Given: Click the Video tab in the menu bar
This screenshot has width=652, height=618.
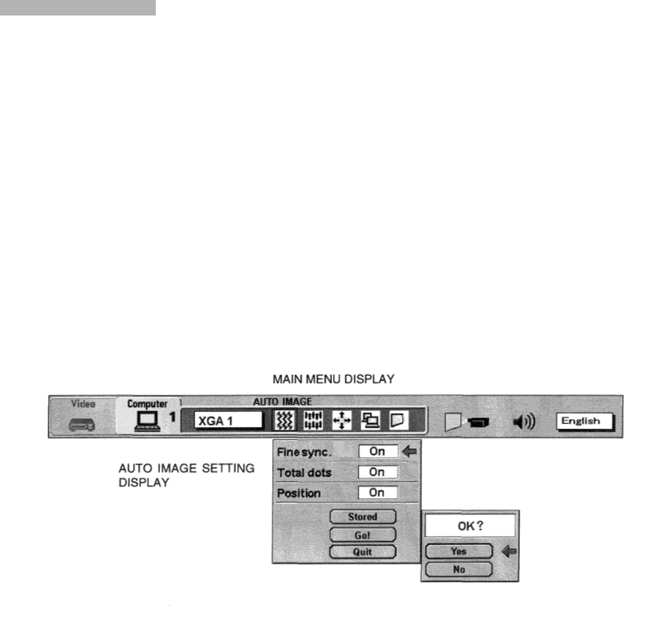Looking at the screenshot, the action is (x=81, y=404).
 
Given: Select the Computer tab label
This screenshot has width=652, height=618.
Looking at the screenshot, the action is (x=146, y=404).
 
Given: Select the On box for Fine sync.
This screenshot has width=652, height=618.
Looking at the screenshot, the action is (x=378, y=452).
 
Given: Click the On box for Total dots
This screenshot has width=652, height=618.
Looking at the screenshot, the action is (x=378, y=472).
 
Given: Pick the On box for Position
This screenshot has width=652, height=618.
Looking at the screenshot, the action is (x=378, y=493).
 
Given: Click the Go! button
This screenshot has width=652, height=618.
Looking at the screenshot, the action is (x=363, y=534).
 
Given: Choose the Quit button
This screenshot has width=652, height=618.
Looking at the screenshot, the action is (x=363, y=551).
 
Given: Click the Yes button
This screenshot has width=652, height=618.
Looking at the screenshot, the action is (x=459, y=552).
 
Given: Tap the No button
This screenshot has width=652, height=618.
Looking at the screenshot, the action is (x=459, y=569).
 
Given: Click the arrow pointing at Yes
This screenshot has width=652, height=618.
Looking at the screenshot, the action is (x=509, y=552).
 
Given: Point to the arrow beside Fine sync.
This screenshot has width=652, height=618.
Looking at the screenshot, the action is (x=408, y=452).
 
